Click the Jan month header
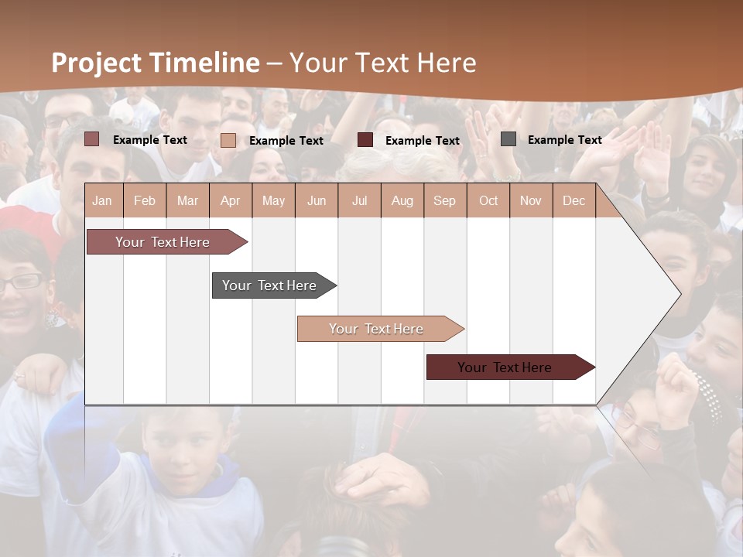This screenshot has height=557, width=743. pyautogui.click(x=102, y=201)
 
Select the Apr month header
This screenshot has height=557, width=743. pyautogui.click(x=230, y=201)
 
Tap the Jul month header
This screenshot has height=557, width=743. pyautogui.click(x=359, y=201)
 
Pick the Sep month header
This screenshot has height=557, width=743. pyautogui.click(x=444, y=201)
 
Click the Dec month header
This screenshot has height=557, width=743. pyautogui.click(x=574, y=201)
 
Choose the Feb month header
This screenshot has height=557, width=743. pyautogui.click(x=145, y=201)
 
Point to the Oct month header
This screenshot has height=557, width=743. pyautogui.click(x=488, y=201)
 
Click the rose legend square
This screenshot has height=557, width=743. pyautogui.click(x=92, y=139)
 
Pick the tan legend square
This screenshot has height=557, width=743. pyautogui.click(x=228, y=140)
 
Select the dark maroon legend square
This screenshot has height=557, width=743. pyautogui.click(x=365, y=140)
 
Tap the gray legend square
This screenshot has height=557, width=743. pyautogui.click(x=508, y=139)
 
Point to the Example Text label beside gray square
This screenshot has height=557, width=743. pyautogui.click(x=564, y=140)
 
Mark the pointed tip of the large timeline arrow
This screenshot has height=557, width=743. pyautogui.click(x=680, y=293)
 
